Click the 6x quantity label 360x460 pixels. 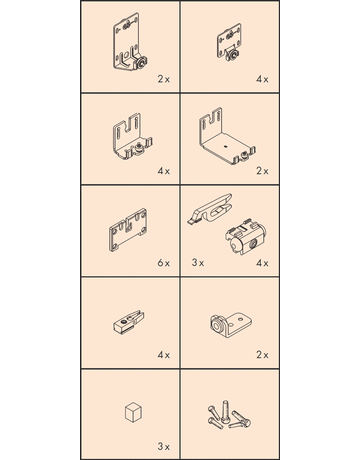point(164,263)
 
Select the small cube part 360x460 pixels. point(133,412)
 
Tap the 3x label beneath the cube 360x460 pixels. point(164,446)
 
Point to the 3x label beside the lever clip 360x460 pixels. point(198,263)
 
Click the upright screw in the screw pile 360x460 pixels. point(226,412)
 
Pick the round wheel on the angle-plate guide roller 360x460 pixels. point(217,324)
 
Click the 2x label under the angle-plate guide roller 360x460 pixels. point(262,355)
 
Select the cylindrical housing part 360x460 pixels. point(246,237)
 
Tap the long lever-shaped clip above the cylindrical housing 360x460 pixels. point(210,210)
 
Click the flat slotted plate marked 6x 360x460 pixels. point(128,230)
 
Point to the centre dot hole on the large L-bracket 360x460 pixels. point(226,145)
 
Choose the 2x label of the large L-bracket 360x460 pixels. point(262,171)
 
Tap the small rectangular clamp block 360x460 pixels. point(129,322)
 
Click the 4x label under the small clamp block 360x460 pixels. point(164,355)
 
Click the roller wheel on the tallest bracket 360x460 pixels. point(142,63)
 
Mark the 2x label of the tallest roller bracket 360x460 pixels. point(164,79)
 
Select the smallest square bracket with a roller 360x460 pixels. point(229,42)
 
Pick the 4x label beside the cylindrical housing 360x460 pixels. point(262,263)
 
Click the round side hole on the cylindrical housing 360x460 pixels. point(252,245)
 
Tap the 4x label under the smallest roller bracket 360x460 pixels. point(262,79)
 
